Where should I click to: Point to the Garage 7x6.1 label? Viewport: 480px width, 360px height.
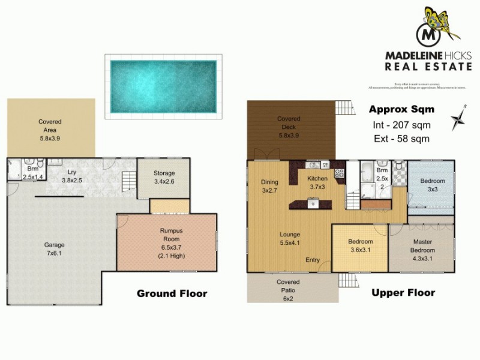tap(54, 249)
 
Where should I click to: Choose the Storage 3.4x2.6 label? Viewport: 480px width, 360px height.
tap(164, 176)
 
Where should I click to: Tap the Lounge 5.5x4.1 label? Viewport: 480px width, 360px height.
tap(289, 238)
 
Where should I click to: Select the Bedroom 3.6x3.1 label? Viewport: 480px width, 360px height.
tap(361, 247)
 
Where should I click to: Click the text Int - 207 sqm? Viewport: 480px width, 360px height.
tap(400, 125)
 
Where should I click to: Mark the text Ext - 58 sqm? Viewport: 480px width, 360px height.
tap(400, 139)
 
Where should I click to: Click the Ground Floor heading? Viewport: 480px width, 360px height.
tap(172, 293)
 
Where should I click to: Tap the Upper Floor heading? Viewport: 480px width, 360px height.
tap(403, 293)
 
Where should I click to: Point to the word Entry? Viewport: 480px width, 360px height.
tap(313, 260)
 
